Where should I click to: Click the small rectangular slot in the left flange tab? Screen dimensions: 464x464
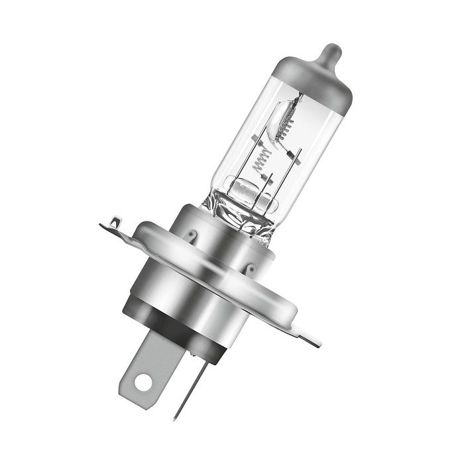tap(117, 220)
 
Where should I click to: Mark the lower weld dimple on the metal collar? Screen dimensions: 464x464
tap(251, 268)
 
